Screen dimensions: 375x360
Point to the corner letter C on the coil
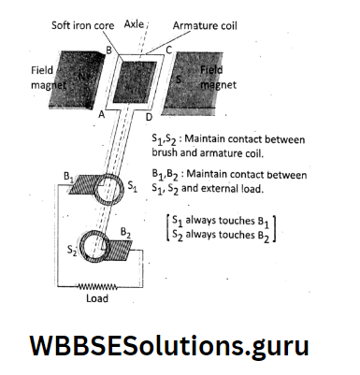169,50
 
